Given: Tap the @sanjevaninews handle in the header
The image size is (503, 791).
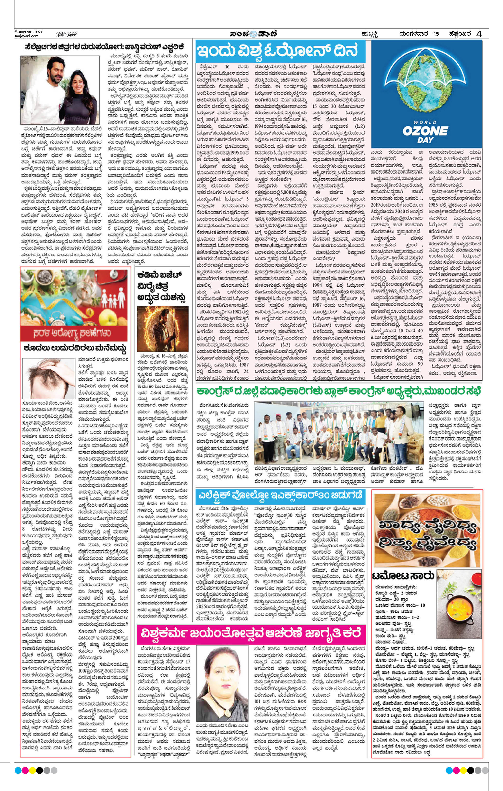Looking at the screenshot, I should (x=28, y=31).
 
